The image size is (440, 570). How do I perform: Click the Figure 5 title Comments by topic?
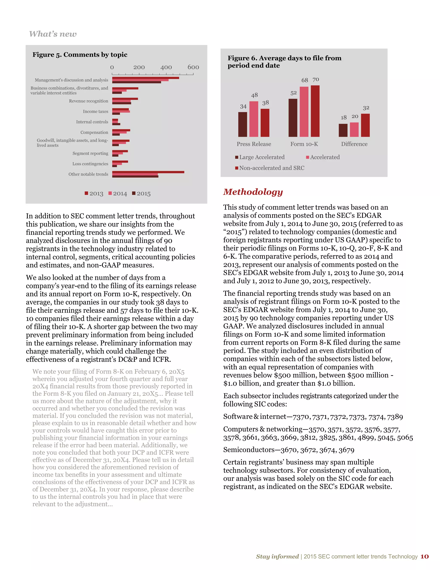[x=80, y=55]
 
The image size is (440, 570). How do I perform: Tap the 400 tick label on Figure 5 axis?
[x=166, y=67]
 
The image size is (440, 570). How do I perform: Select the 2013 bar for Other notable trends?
[x=148, y=172]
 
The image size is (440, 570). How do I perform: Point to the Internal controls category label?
[x=92, y=122]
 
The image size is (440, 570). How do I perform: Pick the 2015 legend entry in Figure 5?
[x=141, y=194]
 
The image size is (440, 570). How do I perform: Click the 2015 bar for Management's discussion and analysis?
[x=136, y=82]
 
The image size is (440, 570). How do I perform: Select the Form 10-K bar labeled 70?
[x=315, y=111]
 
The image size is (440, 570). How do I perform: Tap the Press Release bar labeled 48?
[x=254, y=119]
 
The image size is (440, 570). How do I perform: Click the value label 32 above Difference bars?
[x=366, y=108]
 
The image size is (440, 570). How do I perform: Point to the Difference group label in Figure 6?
[x=354, y=144]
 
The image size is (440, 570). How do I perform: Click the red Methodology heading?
[x=253, y=192]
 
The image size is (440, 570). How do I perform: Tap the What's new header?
[x=53, y=34]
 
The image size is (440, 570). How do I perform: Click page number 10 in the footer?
[x=424, y=556]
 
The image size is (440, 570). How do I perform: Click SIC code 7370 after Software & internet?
[x=301, y=417]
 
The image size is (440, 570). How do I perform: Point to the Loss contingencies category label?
[x=90, y=164]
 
